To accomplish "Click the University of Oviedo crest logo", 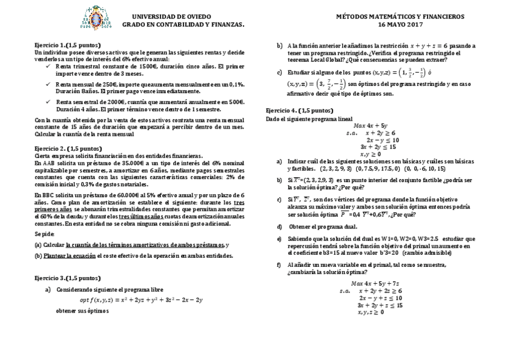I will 96,18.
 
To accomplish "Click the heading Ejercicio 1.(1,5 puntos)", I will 67,45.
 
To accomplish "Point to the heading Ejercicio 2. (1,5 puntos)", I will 68,148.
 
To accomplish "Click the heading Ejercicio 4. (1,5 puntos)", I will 299,111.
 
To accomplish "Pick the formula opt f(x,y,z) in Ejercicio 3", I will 141,299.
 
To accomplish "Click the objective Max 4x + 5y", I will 370,125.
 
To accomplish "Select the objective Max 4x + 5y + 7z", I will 375,283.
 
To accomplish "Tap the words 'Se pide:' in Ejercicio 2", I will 44,234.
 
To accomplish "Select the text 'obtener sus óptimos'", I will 82,311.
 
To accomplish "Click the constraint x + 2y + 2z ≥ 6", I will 376,290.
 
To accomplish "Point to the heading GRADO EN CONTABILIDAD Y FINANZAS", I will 183,25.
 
